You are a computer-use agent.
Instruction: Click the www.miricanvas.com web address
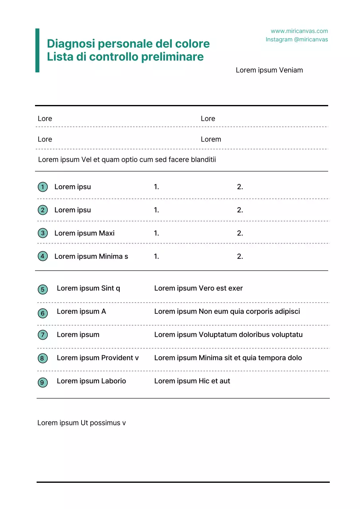coord(299,31)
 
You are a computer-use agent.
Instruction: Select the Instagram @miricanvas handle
coord(297,39)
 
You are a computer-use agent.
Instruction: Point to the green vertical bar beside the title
coord(37,51)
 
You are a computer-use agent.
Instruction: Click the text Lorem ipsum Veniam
coord(269,70)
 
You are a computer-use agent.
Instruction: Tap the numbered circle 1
coord(43,187)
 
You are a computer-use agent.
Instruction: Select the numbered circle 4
coord(43,256)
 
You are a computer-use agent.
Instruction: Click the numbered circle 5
coord(43,289)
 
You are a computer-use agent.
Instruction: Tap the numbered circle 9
coord(43,383)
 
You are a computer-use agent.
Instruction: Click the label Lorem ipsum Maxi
coord(84,233)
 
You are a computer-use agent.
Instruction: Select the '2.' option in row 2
coord(240,210)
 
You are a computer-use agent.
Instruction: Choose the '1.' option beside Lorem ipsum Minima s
coord(156,256)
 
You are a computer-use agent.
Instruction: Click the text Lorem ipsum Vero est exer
coord(198,288)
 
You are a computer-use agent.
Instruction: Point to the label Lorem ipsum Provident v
coord(98,358)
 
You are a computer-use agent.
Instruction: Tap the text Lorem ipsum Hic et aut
coord(192,381)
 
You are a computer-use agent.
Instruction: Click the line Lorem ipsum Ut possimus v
coord(82,423)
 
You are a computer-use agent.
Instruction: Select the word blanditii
coord(203,160)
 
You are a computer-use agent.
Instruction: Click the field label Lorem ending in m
coord(211,140)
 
